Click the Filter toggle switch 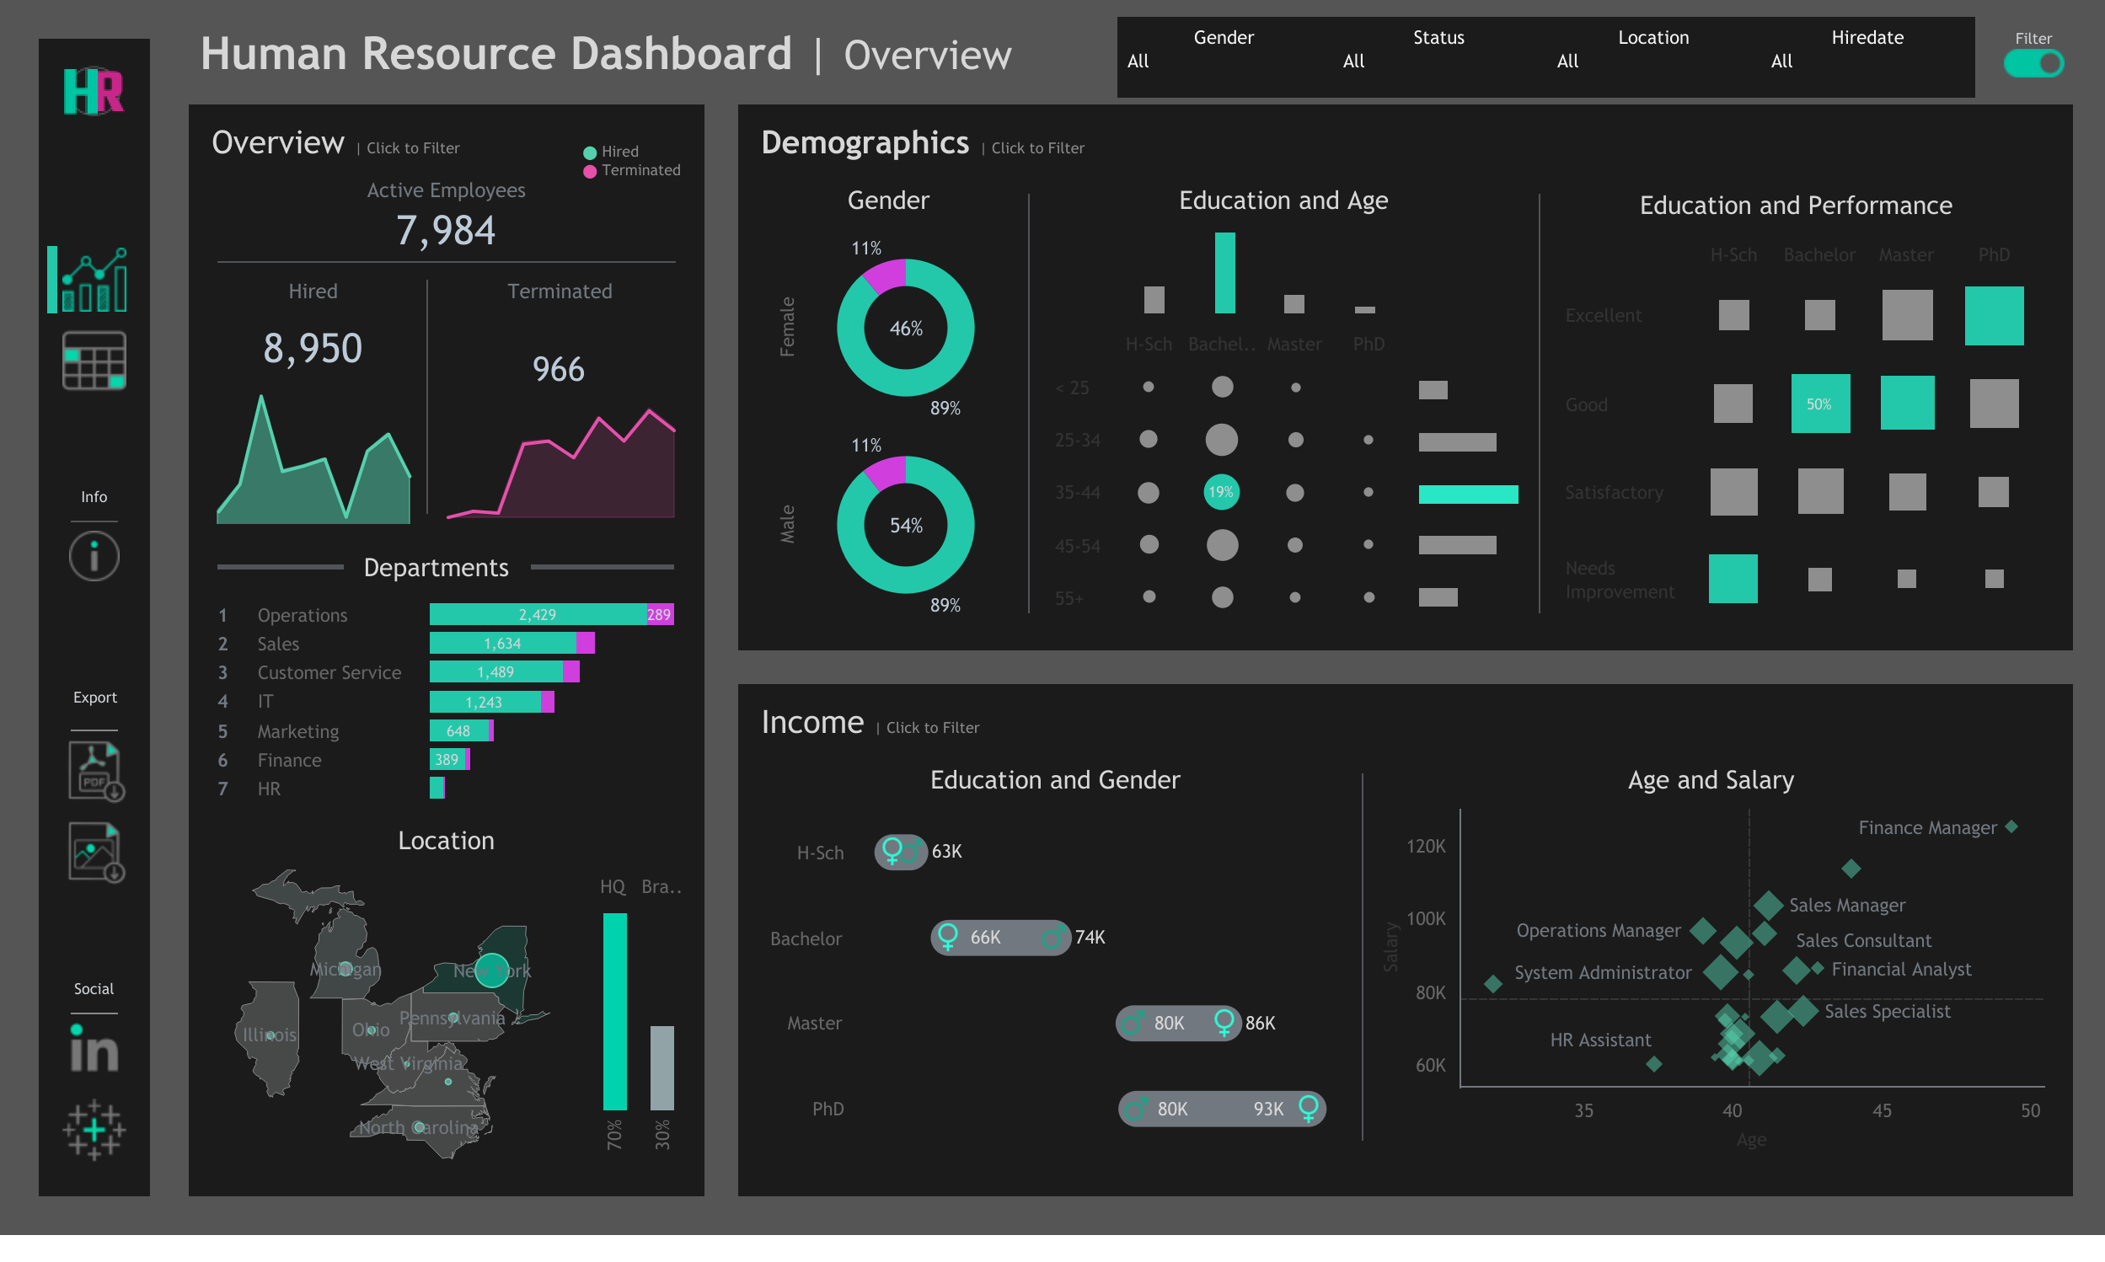pos(2033,64)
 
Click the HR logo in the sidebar pos(94,92)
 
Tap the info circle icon pos(94,556)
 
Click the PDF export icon pos(95,771)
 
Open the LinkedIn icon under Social pos(94,1050)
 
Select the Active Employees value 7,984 pos(446,231)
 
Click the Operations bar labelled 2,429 pos(538,614)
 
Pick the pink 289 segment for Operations pos(659,614)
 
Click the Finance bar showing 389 pos(447,759)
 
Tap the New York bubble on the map pos(491,971)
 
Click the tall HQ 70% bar pos(614,1011)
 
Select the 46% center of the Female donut pos(906,329)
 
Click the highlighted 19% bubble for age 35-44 pos(1221,492)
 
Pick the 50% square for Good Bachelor pos(1820,404)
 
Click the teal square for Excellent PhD pos(1994,315)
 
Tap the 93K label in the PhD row pos(1268,1109)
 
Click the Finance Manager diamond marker pos(2011,826)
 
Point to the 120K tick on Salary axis pos(1427,846)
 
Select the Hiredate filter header pos(1867,37)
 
